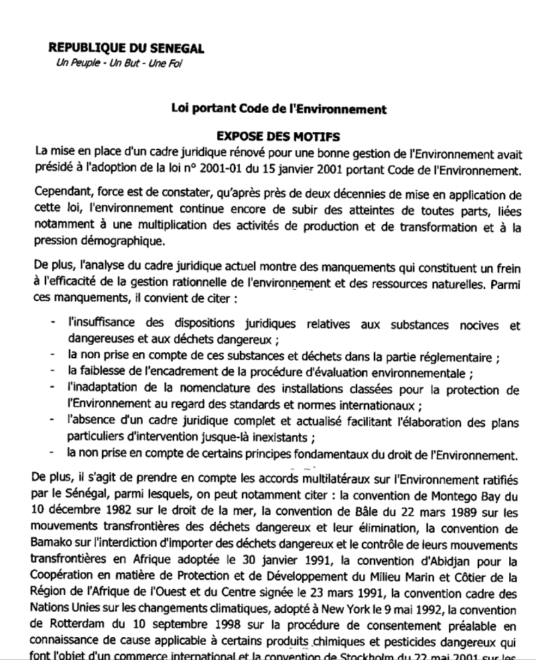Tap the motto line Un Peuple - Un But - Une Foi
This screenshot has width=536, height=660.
click(x=114, y=64)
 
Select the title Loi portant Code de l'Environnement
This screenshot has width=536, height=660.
click(x=278, y=109)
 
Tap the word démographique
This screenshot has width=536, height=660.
click(x=121, y=239)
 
